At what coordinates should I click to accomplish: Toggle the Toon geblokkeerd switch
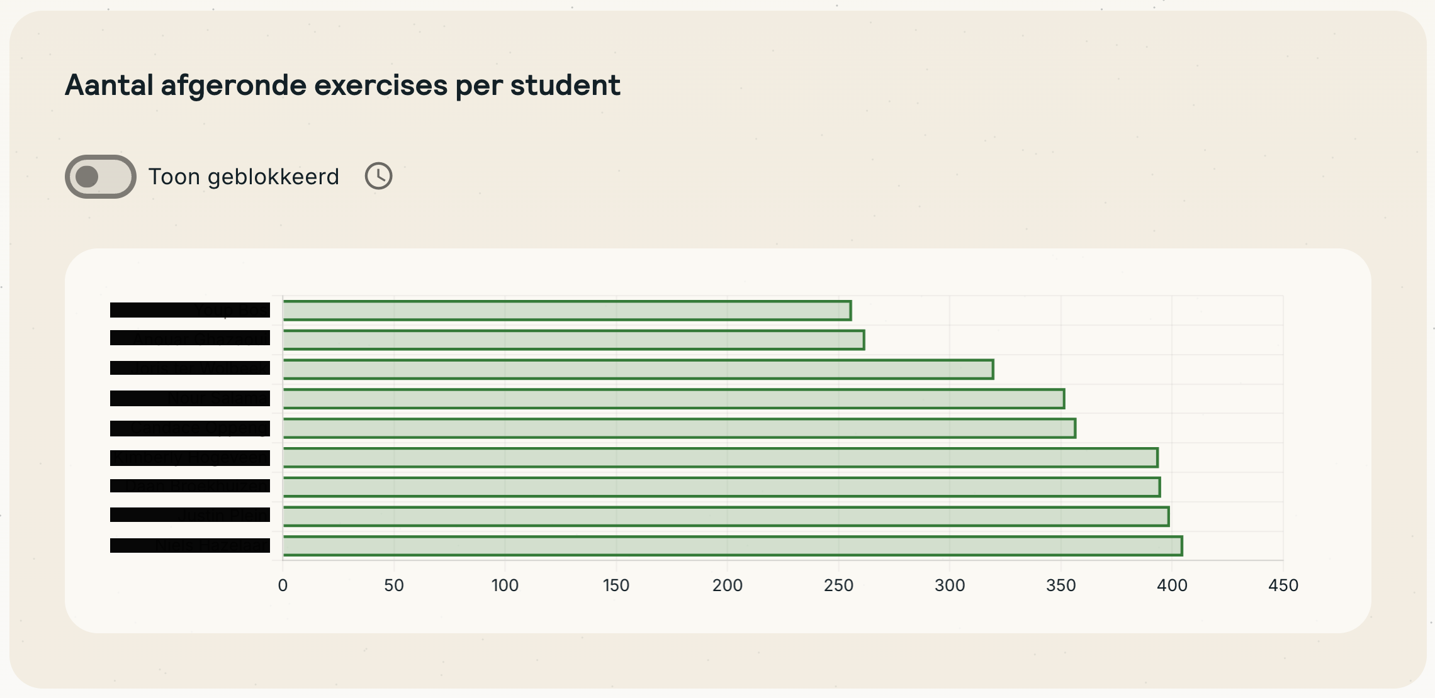point(101,177)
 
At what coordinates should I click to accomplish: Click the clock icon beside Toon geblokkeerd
point(378,176)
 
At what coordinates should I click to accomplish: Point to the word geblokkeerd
point(273,177)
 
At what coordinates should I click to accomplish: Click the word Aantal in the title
point(109,85)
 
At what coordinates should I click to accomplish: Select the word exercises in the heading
point(380,85)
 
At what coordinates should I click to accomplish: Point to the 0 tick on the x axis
point(283,585)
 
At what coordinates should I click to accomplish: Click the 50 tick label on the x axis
point(394,585)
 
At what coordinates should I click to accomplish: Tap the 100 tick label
point(505,585)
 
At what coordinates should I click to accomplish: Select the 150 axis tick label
point(616,585)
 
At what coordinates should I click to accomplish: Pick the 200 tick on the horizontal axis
point(728,585)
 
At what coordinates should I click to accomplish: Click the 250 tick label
point(838,585)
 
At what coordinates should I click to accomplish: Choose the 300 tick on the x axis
point(950,585)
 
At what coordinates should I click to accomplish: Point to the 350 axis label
point(1061,585)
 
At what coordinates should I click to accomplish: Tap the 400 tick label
point(1172,585)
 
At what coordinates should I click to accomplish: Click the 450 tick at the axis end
point(1283,585)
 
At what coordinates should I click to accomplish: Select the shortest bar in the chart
point(566,311)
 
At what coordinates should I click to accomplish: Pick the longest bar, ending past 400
point(733,546)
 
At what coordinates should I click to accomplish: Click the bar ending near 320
point(638,369)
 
